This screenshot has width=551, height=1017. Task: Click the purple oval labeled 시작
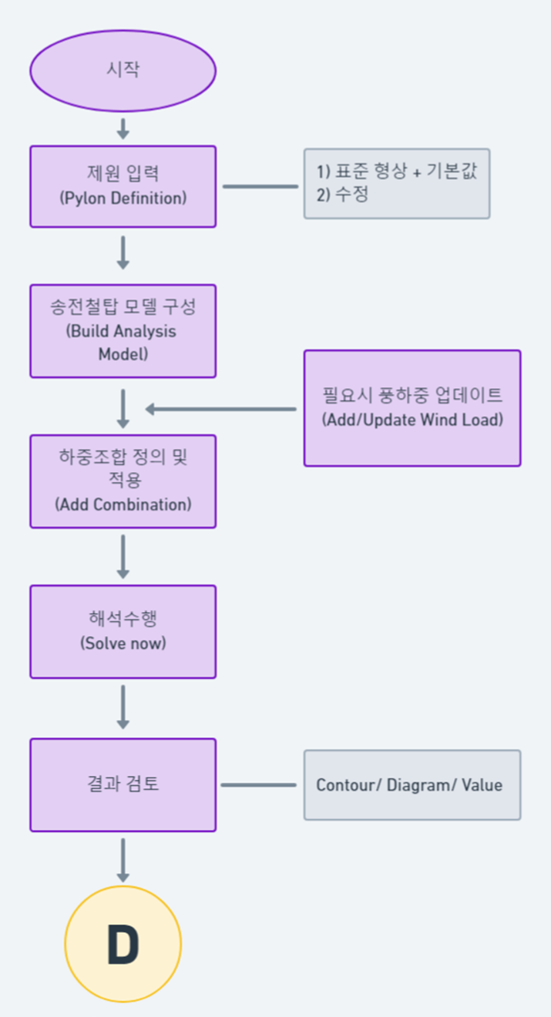pos(123,70)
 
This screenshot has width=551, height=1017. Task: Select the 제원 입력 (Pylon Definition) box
pos(123,186)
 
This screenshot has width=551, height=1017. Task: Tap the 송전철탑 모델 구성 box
pos(123,331)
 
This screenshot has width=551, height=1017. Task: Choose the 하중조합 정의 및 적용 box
pos(123,481)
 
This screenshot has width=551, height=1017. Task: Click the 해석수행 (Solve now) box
pos(123,631)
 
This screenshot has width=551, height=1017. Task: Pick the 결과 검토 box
pos(123,784)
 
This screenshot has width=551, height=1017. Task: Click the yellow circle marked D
pos(123,944)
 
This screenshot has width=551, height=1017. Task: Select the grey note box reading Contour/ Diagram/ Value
pos(412,785)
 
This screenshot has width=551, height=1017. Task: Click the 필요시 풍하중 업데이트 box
pos(412,408)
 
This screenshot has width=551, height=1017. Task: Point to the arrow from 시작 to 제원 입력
pos(123,128)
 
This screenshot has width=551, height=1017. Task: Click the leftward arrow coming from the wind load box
pos(220,409)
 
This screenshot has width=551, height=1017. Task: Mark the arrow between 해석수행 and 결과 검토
pos(123,708)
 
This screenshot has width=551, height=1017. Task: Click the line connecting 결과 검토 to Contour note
pos(259,785)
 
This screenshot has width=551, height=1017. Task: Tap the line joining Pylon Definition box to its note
pos(260,186)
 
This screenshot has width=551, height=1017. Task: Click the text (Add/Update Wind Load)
pos(412,420)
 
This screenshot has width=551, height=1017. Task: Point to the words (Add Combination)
pos(123,505)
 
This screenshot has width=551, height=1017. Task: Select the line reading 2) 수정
pos(342,195)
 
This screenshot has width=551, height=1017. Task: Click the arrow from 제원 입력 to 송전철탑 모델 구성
pos(123,253)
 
